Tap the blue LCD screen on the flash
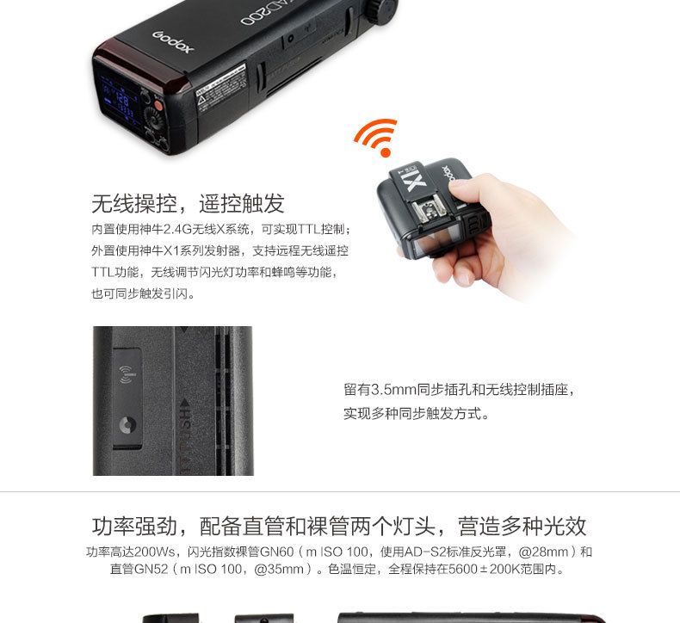pyautogui.click(x=118, y=99)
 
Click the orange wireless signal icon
pyautogui.click(x=376, y=136)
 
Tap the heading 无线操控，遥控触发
pyautogui.click(x=188, y=203)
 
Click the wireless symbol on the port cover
pyautogui.click(x=127, y=374)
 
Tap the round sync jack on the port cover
pyautogui.click(x=127, y=425)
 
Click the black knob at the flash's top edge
pyautogui.click(x=382, y=9)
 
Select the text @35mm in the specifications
pyautogui.click(x=279, y=569)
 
